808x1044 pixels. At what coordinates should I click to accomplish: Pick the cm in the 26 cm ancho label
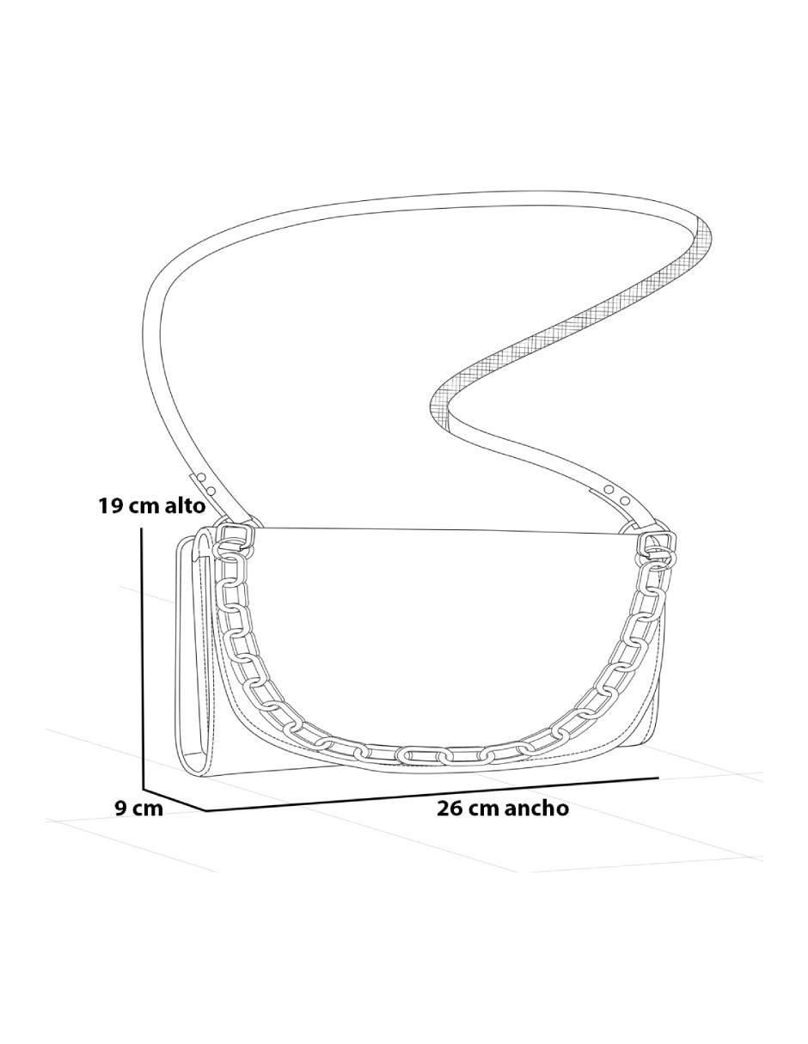484,811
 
